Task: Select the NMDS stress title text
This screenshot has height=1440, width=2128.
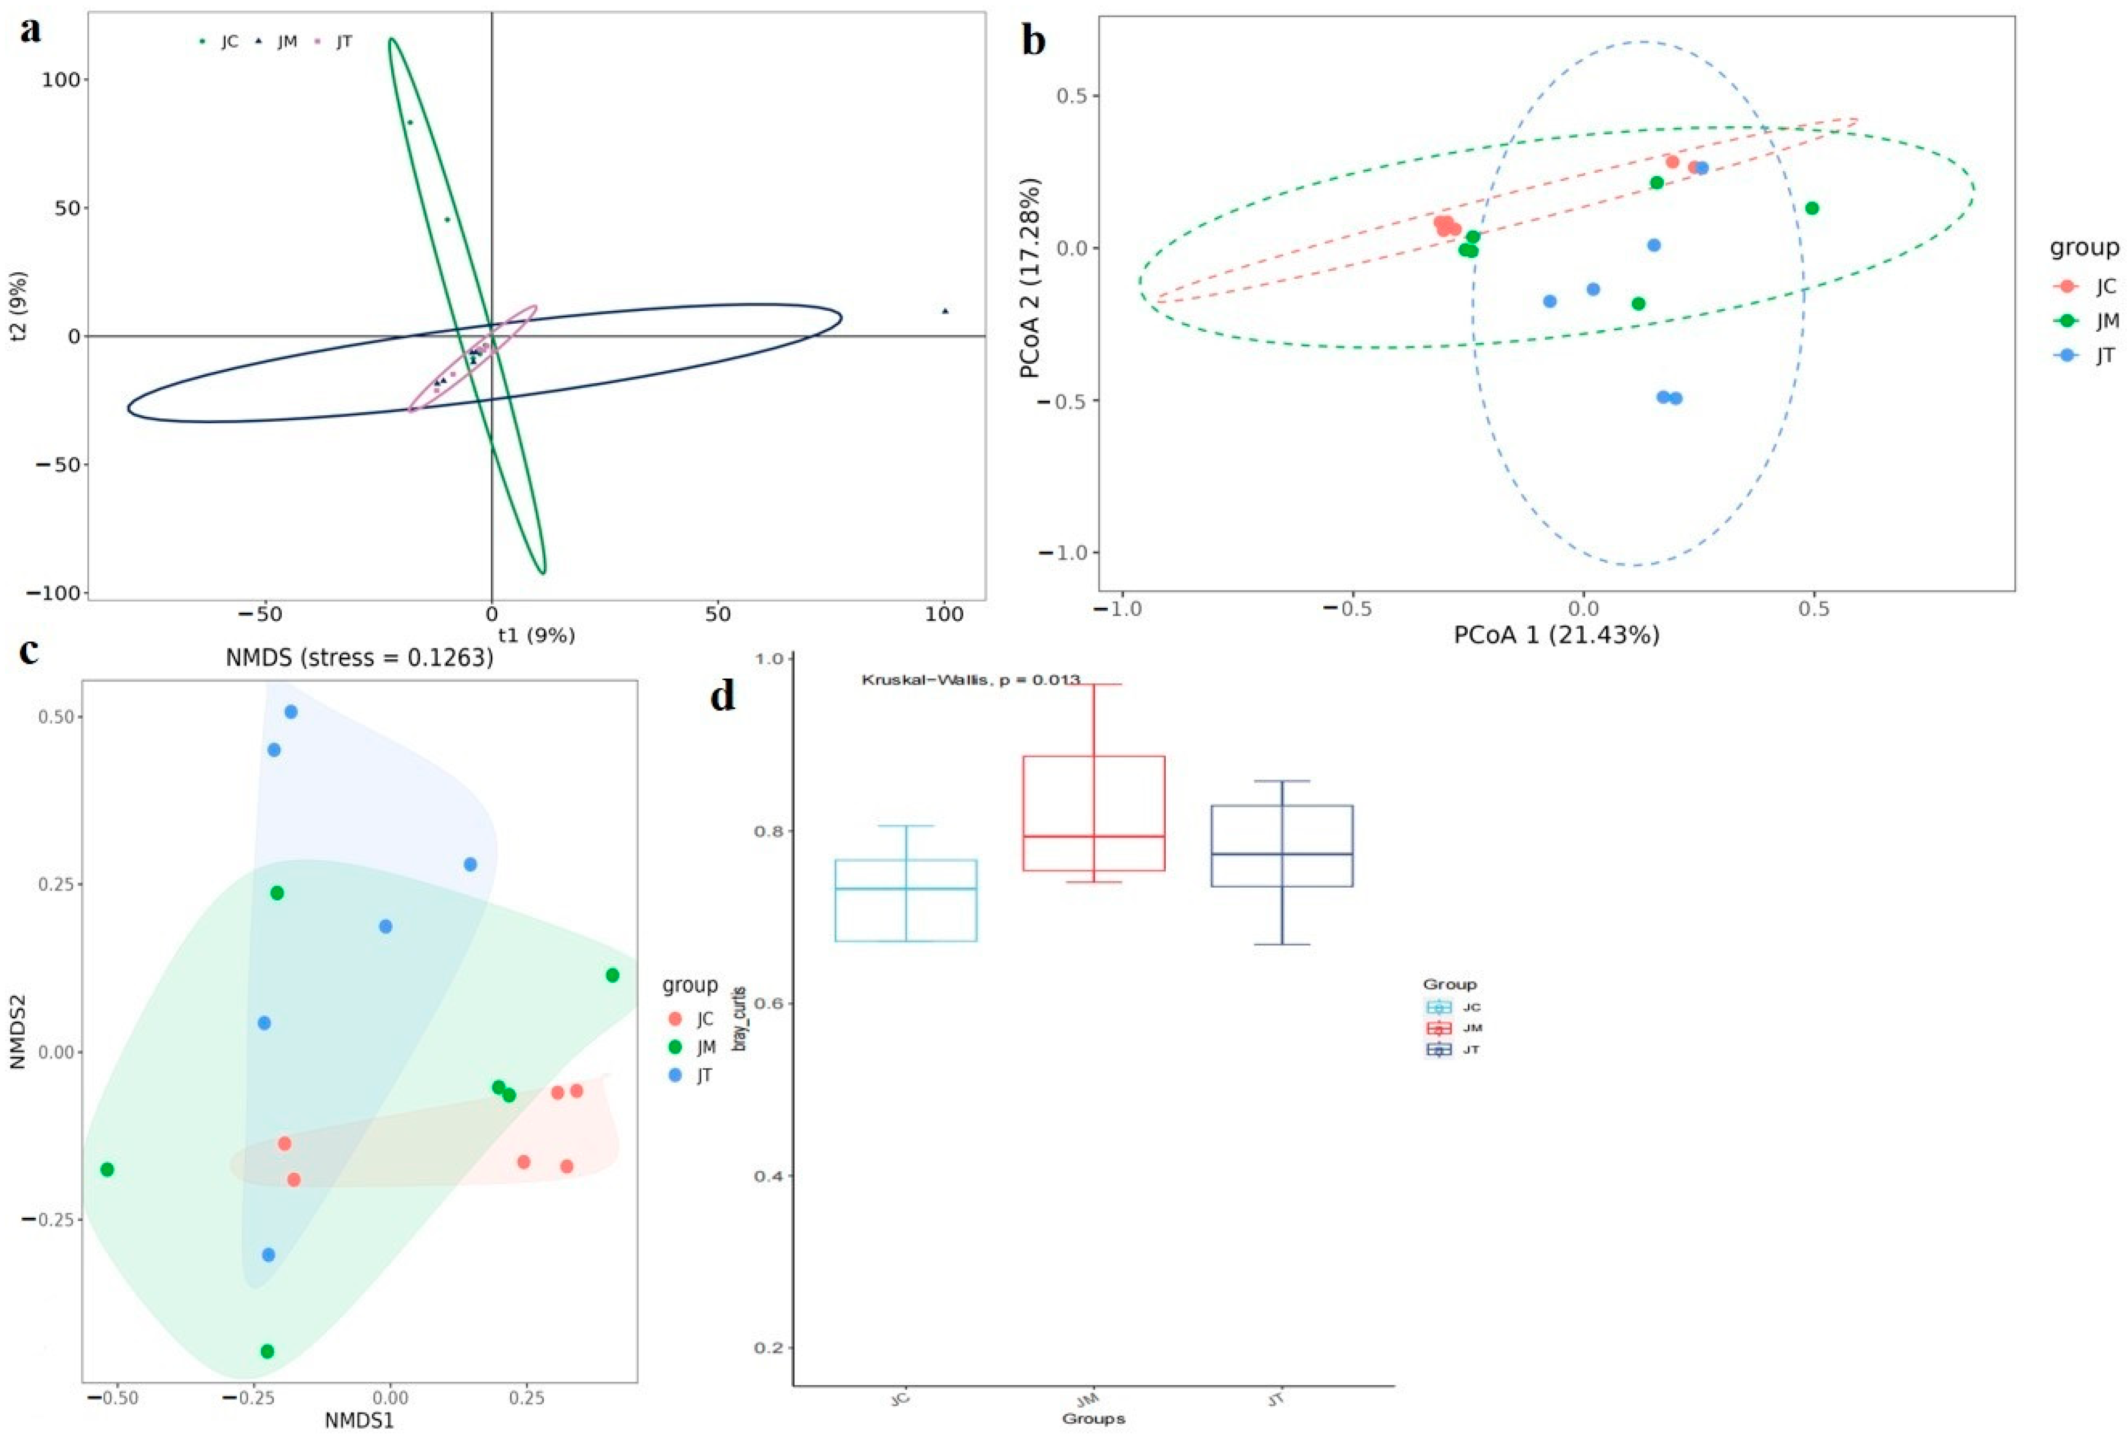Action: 360,658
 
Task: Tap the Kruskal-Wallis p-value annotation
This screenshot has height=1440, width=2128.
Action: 971,680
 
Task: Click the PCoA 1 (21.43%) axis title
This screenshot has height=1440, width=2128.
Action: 1557,635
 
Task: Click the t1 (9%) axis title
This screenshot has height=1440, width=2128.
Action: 536,635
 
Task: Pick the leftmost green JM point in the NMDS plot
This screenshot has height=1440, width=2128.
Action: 107,1169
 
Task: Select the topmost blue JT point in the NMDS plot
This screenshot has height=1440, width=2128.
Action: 291,711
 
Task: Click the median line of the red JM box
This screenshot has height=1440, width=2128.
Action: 1093,836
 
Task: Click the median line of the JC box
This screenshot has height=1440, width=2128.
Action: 906,889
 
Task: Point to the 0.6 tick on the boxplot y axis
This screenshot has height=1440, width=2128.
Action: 769,1003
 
